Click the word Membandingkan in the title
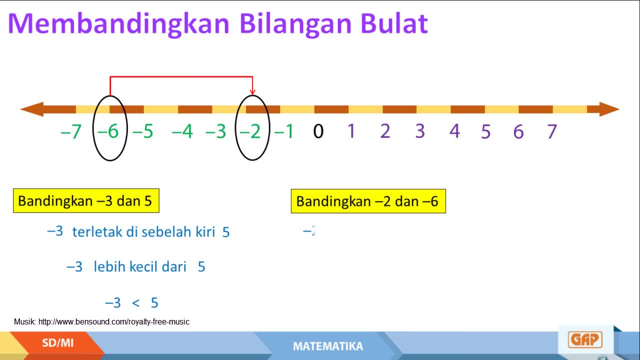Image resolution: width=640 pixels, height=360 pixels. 119,24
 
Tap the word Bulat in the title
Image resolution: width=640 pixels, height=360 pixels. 394,23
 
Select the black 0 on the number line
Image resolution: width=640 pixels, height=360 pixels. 318,131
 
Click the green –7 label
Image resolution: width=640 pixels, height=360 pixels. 71,131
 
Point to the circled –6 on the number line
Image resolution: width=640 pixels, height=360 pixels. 108,131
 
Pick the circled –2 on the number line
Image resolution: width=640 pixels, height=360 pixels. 250,131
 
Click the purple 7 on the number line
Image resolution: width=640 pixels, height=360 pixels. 552,131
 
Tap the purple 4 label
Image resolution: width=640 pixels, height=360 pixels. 454,131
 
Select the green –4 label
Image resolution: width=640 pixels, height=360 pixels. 182,131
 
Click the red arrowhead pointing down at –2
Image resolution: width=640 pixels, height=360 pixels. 252,91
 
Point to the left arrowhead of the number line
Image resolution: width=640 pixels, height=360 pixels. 31,109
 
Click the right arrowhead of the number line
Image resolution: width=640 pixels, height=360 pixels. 609,109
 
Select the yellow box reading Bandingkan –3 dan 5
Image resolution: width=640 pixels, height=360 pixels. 86,200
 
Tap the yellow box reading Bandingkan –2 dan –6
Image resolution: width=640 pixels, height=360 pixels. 368,201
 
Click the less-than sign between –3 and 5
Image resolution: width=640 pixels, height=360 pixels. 135,303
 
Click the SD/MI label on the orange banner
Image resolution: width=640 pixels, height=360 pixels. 57,343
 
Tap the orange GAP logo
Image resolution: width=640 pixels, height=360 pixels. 585,339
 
